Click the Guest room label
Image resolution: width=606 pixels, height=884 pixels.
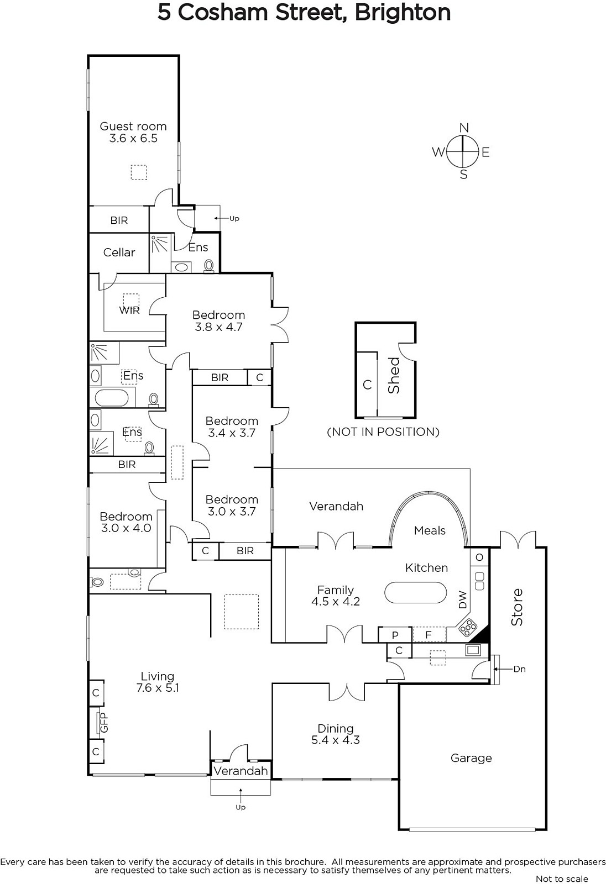[x=133, y=127]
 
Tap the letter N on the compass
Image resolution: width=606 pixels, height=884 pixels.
[x=464, y=128]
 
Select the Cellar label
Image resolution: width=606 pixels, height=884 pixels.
[x=119, y=252]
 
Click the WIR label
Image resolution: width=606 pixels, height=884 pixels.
[x=129, y=310]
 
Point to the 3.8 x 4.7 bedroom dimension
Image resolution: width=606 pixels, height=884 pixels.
[x=218, y=327]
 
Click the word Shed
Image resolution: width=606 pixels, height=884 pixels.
[x=394, y=375]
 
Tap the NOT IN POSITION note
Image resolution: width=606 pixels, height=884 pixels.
[x=383, y=432]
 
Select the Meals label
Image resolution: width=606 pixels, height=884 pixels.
[x=430, y=530]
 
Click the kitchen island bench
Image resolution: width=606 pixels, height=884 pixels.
[x=416, y=592]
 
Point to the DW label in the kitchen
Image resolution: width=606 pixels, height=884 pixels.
[x=463, y=599]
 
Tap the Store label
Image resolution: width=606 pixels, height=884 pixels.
[x=517, y=607]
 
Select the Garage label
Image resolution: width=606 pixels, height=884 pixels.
[x=471, y=758]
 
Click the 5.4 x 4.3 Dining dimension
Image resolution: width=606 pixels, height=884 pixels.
[x=336, y=740]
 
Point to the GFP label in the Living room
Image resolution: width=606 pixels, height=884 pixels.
[x=104, y=723]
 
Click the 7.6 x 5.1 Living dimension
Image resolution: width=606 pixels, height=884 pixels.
[x=158, y=688]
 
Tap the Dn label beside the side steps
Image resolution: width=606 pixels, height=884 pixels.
[x=520, y=669]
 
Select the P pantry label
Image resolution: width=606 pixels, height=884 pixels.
[x=395, y=635]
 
